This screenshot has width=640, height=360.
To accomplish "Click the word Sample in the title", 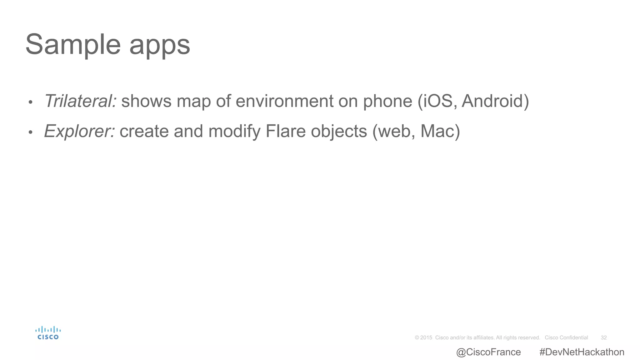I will [x=73, y=44].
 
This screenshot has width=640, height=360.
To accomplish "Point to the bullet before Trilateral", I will [x=30, y=102].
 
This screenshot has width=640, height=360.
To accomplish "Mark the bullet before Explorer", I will [x=30, y=132].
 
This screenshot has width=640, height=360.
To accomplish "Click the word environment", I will [x=284, y=101].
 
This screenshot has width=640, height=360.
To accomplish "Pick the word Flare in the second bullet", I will [x=285, y=131].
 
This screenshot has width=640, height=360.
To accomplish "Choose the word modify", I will [x=234, y=132].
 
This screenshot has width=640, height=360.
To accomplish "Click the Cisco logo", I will [x=48, y=333].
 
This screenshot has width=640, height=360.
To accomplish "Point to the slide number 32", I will [x=604, y=337].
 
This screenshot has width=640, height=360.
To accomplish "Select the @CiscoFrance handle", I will [x=488, y=352].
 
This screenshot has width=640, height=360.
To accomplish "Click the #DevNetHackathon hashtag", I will [x=582, y=352].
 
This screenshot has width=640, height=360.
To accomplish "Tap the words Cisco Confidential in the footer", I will [x=566, y=337].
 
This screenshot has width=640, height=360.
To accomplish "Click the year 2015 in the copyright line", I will [x=426, y=337].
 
